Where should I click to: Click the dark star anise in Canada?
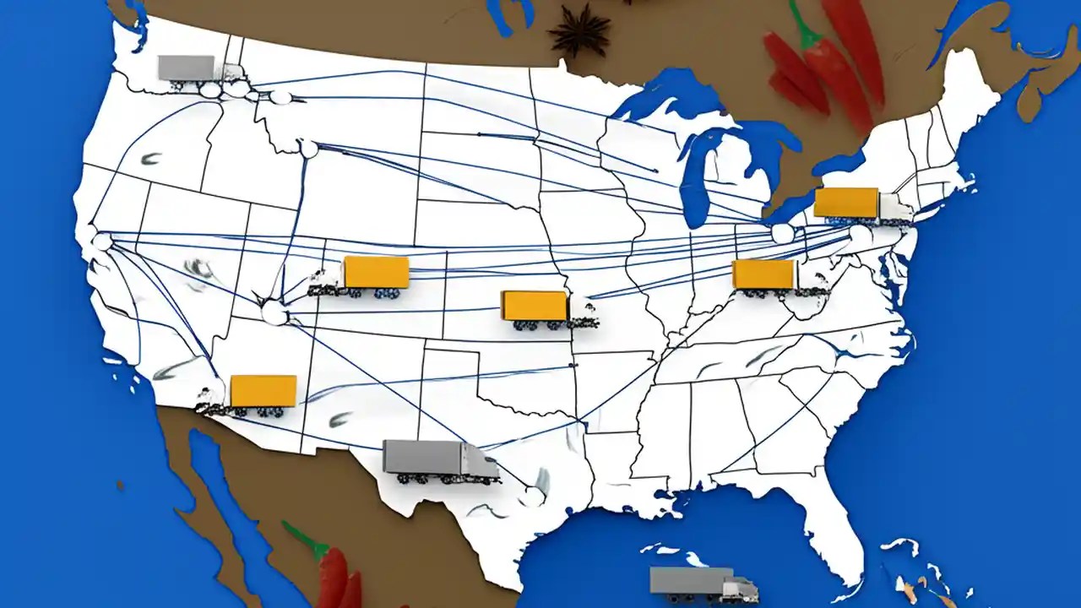(x=579, y=32)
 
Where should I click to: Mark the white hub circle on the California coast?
(x=103, y=242)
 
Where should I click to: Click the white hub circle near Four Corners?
(x=274, y=313)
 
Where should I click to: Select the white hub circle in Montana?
(x=309, y=149)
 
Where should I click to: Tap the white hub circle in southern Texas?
(x=531, y=496)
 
